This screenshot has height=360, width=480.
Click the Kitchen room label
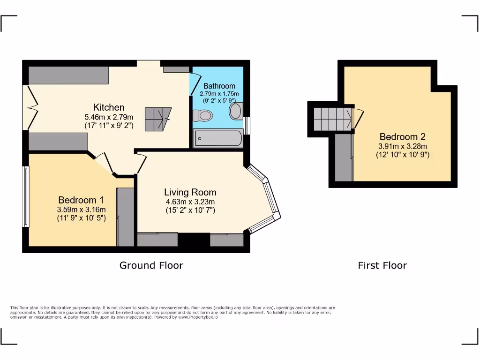pyautogui.click(x=109, y=107)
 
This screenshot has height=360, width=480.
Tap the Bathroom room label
pyautogui.click(x=219, y=86)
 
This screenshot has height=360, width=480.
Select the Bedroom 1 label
pyautogui.click(x=81, y=199)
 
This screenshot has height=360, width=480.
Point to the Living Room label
pyautogui.click(x=190, y=192)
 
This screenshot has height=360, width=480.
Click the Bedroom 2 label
pyautogui.click(x=402, y=137)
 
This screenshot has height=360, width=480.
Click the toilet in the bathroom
pyautogui.click(x=202, y=115)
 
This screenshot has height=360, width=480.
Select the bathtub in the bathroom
pyautogui.click(x=218, y=139)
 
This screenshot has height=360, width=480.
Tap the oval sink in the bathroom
pyautogui.click(x=236, y=111)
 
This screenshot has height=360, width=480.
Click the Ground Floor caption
pyautogui.click(x=151, y=265)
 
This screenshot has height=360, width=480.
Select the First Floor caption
pyautogui.click(x=382, y=265)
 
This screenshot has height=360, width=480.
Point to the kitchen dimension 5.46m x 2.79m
pyautogui.click(x=109, y=117)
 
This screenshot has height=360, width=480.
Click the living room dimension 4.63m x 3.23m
pyautogui.click(x=190, y=202)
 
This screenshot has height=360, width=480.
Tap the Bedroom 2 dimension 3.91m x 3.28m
pyautogui.click(x=402, y=146)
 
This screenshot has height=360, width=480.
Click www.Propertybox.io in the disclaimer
pyautogui.click(x=198, y=317)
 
